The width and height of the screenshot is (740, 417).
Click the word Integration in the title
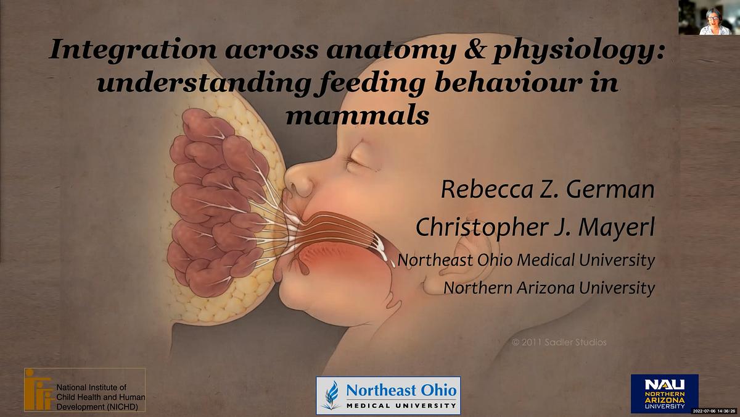tap(133, 50)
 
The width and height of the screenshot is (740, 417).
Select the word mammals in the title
tap(358, 116)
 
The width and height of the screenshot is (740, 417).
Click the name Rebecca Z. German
tap(548, 190)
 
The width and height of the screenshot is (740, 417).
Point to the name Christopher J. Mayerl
tap(535, 227)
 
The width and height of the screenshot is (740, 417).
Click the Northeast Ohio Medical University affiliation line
tap(526, 261)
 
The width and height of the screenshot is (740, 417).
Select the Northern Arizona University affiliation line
tap(549, 288)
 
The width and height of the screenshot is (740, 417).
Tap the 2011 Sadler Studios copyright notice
tap(559, 342)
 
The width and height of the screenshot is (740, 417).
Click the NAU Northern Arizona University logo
tap(664, 394)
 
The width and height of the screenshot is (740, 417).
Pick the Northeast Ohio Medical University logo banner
tap(388, 395)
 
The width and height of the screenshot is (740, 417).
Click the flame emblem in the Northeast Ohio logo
tap(331, 395)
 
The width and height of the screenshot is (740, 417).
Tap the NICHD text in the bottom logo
tap(101, 397)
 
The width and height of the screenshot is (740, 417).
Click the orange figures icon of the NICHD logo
tap(39, 390)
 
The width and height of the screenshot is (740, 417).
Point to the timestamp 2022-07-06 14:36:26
tap(715, 411)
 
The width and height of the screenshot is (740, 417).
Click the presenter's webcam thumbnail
tap(709, 17)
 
